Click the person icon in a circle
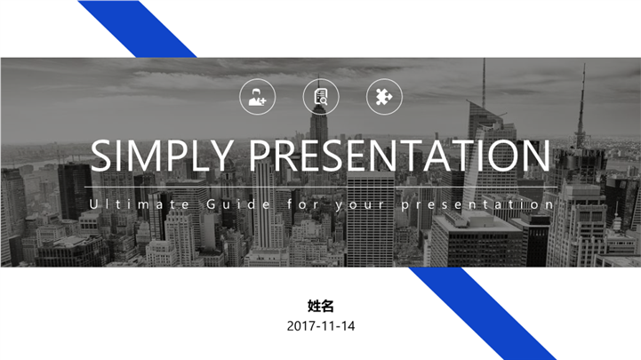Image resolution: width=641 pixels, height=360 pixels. click(257, 97)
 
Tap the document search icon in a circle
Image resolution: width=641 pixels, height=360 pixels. click(321, 97)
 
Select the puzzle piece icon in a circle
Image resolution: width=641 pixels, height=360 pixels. click(384, 97)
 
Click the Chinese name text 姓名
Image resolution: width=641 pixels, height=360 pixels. click(320, 306)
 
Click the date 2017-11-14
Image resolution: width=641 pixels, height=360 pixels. click(320, 326)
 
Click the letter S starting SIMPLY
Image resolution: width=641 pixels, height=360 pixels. click(100, 156)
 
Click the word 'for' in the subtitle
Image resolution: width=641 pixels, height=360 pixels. click(300, 204)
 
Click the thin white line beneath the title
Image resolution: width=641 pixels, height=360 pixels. click(320, 188)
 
